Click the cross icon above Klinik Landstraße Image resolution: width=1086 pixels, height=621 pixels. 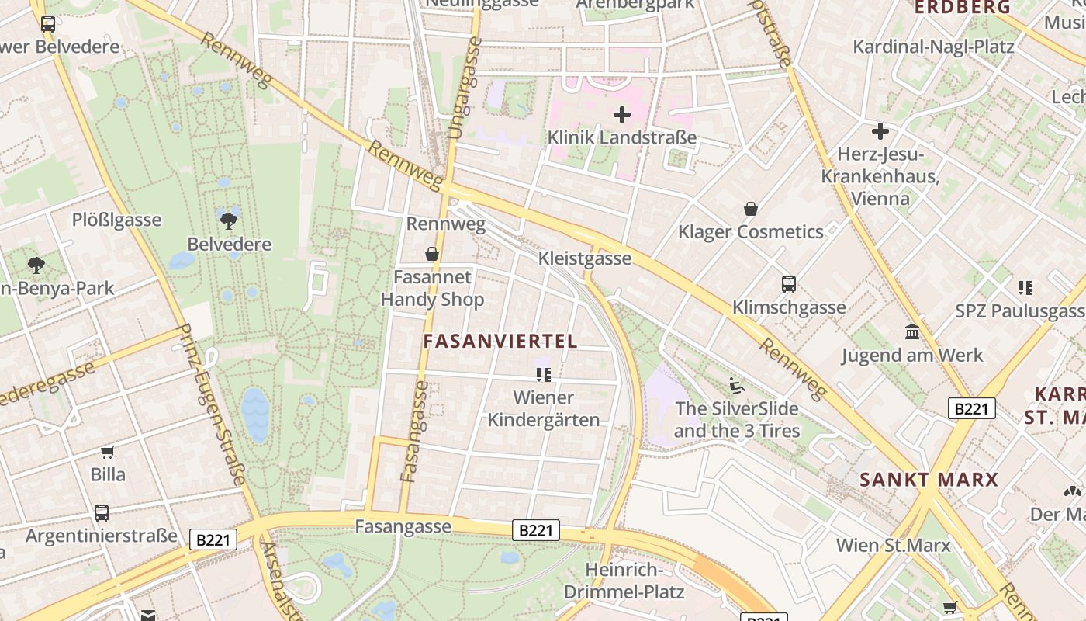pyautogui.click(x=621, y=116)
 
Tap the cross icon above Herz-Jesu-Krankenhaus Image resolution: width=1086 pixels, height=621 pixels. pyautogui.click(x=880, y=131)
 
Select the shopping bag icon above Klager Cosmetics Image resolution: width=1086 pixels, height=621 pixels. pyautogui.click(x=750, y=209)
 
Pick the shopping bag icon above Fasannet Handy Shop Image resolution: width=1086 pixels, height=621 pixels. pyautogui.click(x=432, y=254)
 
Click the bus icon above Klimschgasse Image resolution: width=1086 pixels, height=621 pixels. pyautogui.click(x=789, y=284)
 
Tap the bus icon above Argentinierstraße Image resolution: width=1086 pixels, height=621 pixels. pyautogui.click(x=102, y=513)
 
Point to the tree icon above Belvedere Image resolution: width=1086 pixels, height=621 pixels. pyautogui.click(x=229, y=221)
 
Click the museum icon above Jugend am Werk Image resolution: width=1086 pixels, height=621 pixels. pyautogui.click(x=912, y=332)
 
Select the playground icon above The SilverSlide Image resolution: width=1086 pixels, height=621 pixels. pyautogui.click(x=736, y=385)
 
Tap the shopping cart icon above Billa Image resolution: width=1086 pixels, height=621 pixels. pyautogui.click(x=107, y=452)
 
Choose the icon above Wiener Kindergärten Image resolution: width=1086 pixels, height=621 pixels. pyautogui.click(x=544, y=375)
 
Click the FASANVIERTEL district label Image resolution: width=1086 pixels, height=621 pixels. pyautogui.click(x=500, y=341)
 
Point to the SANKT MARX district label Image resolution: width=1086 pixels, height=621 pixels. pyautogui.click(x=929, y=479)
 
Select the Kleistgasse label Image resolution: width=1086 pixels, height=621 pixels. pyautogui.click(x=584, y=258)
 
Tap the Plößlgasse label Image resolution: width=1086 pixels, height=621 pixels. pyautogui.click(x=116, y=220)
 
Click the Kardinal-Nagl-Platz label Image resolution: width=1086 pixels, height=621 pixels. pyautogui.click(x=933, y=47)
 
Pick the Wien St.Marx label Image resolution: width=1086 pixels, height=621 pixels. pyautogui.click(x=893, y=545)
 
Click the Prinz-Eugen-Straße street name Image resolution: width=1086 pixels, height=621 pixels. pyautogui.click(x=212, y=404)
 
